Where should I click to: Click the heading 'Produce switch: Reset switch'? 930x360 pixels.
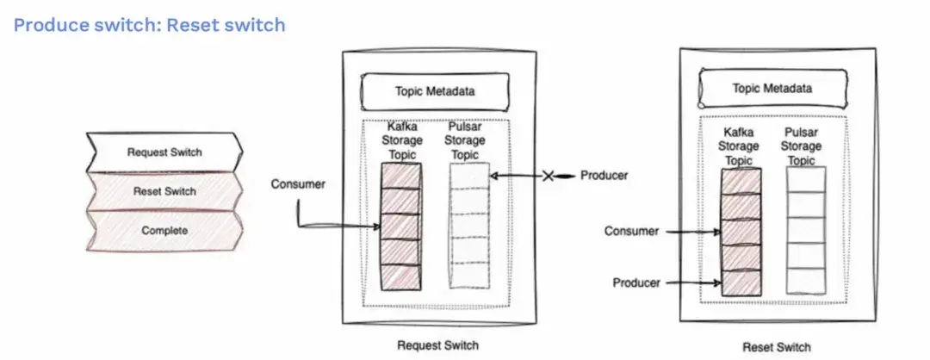click(x=149, y=25)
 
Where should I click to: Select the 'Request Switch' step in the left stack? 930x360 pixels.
click(x=164, y=152)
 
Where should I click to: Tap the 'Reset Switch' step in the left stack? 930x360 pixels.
click(x=164, y=191)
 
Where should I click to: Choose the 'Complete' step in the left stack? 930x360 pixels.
click(x=164, y=230)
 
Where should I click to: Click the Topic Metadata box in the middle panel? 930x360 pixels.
click(x=435, y=91)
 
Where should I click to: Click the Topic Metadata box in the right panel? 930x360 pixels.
click(x=772, y=88)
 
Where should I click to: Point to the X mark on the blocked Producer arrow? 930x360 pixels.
click(x=548, y=176)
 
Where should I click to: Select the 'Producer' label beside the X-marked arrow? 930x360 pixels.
click(x=604, y=176)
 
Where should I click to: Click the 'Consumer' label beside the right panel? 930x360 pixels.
click(x=631, y=231)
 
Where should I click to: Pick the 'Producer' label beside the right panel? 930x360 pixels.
click(x=637, y=282)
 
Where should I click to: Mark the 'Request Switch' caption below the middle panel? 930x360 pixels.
click(x=437, y=345)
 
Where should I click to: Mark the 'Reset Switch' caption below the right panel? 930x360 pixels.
click(x=775, y=347)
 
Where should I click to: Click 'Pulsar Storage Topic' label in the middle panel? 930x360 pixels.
click(x=468, y=140)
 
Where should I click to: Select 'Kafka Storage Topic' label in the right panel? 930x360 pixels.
click(x=741, y=146)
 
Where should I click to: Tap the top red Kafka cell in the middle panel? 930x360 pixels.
click(x=400, y=175)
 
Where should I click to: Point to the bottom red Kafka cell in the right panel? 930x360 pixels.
click(x=741, y=282)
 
